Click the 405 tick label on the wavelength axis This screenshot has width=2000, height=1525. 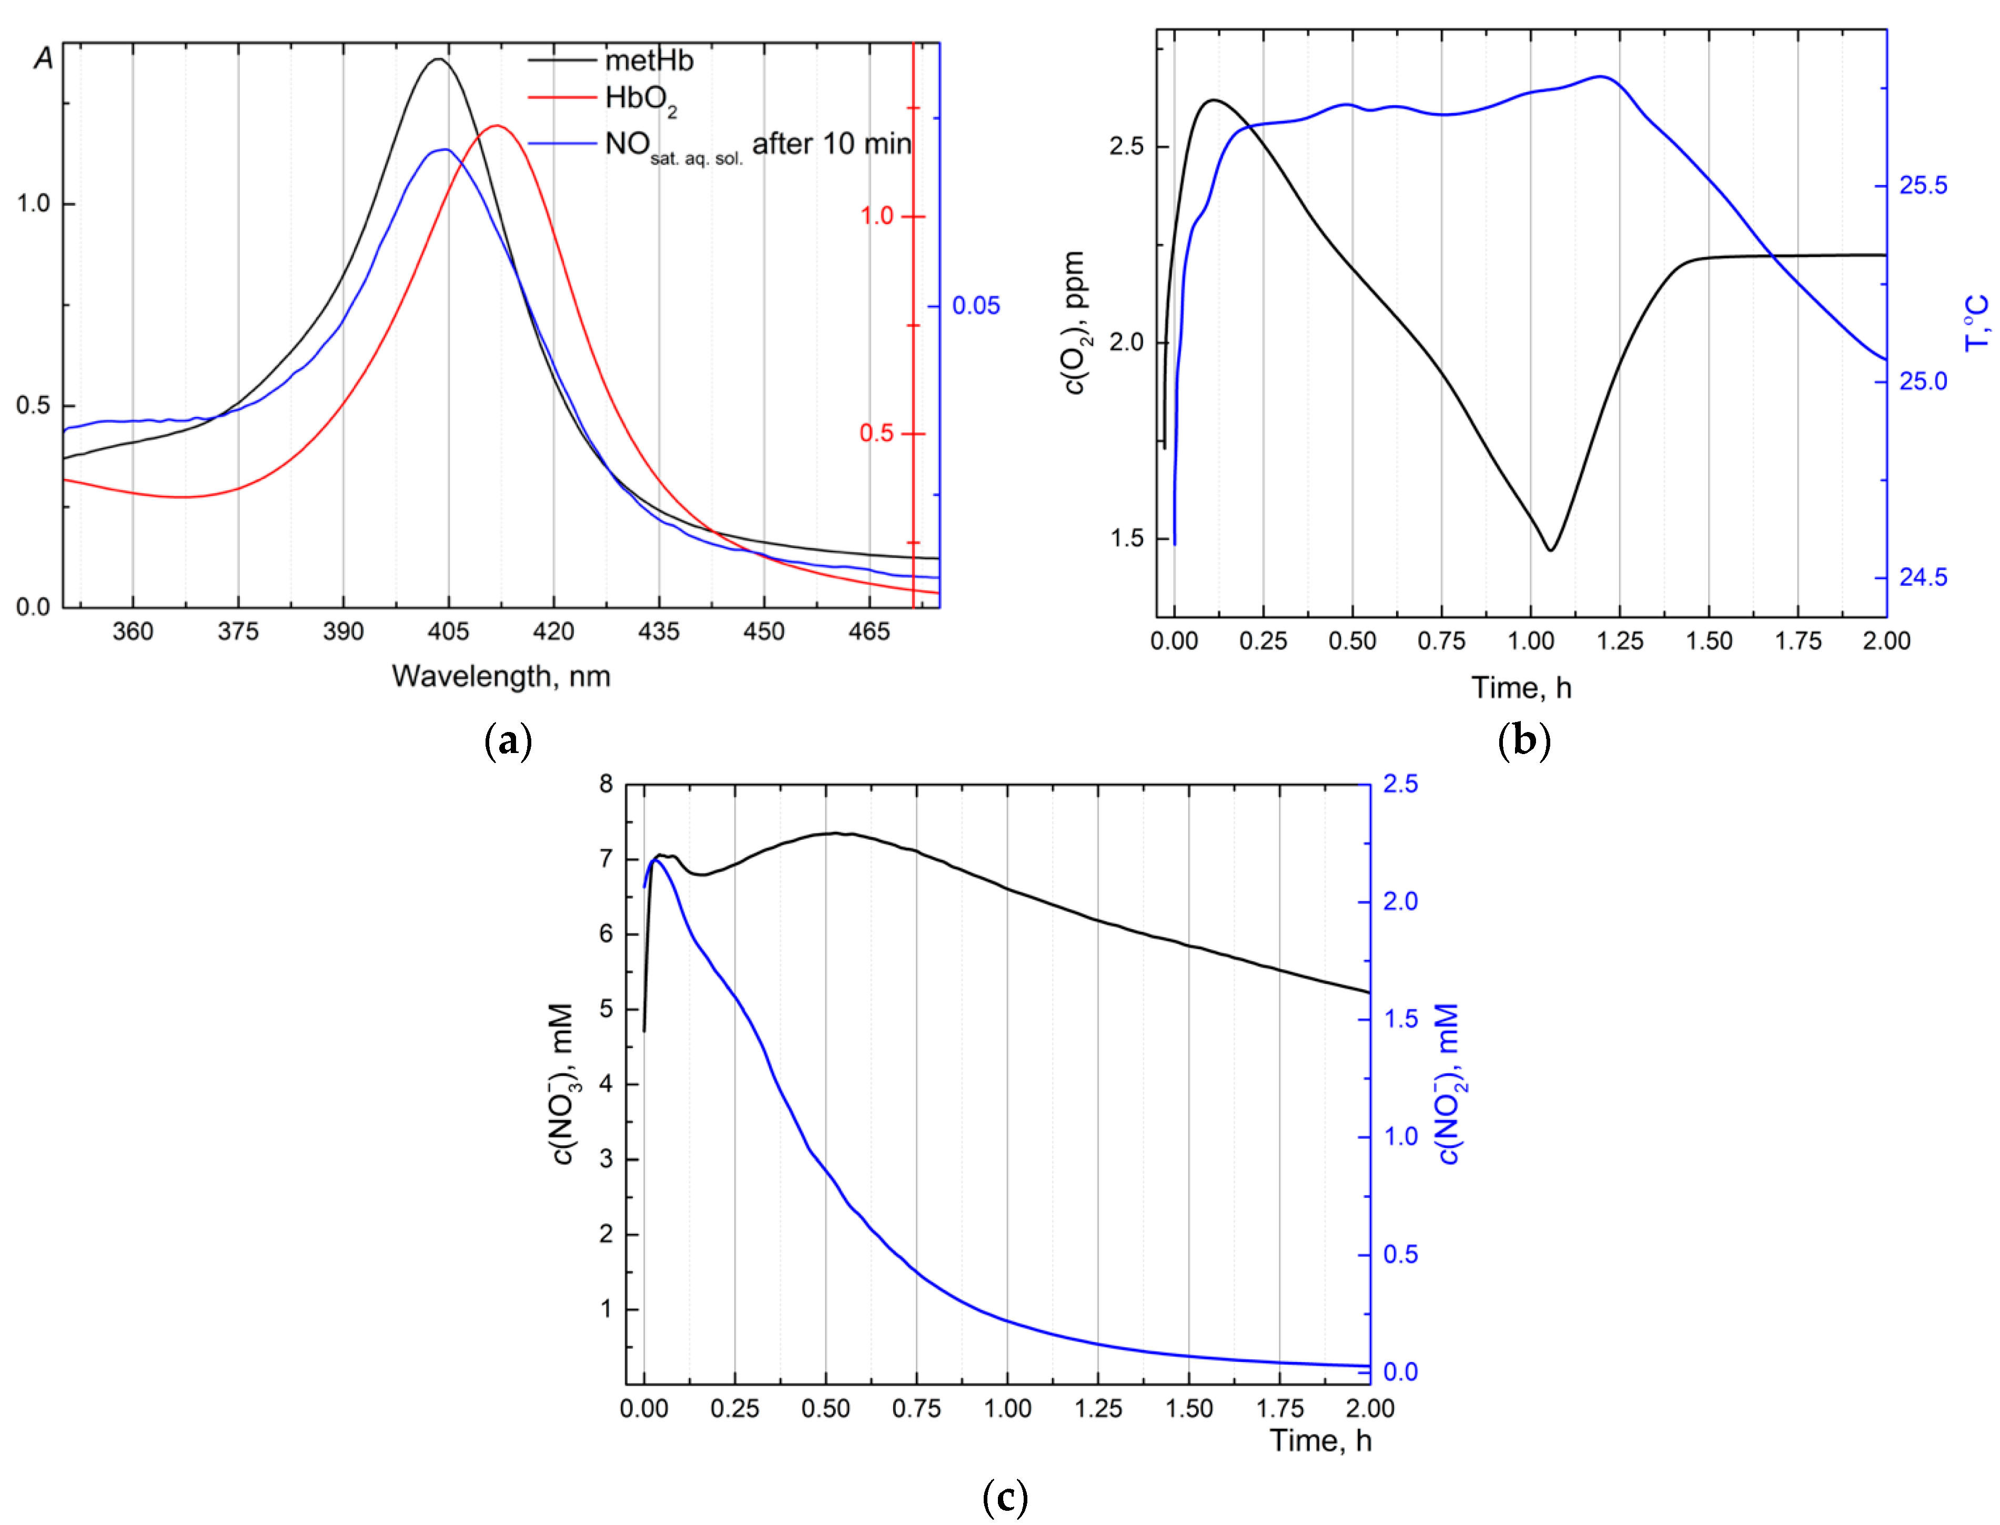448,631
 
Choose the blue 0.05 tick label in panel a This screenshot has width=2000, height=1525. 976,306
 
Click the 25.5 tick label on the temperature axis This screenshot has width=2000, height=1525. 1923,186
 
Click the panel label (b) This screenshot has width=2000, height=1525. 1523,740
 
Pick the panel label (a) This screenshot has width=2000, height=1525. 508,740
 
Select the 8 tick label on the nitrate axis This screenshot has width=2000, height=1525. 605,784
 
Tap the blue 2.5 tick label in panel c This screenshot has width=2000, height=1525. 1400,784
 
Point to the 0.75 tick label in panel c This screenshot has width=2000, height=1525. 916,1409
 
